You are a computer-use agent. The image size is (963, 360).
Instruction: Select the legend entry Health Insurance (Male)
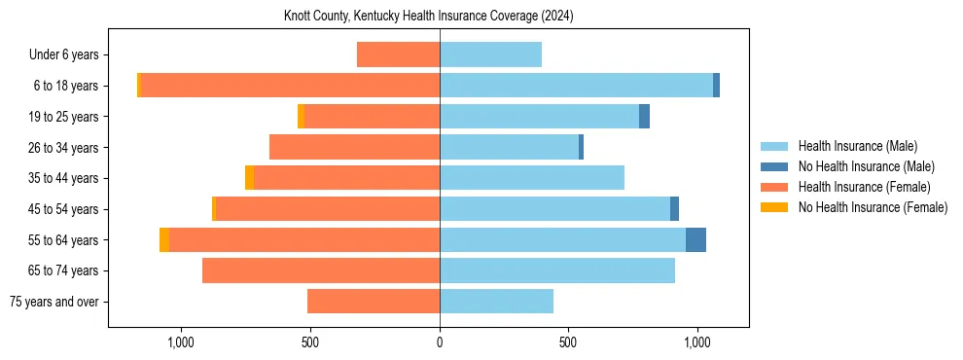tap(857, 146)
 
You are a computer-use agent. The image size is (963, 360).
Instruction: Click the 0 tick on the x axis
tap(440, 342)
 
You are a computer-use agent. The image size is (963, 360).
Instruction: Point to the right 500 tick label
tap(568, 342)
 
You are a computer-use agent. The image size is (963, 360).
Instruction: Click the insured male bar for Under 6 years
tap(490, 55)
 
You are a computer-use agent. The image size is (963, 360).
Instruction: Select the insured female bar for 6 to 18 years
tap(290, 86)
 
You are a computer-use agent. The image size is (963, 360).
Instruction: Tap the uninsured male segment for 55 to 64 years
tap(695, 240)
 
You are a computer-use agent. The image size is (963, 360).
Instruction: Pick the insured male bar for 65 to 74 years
tap(557, 270)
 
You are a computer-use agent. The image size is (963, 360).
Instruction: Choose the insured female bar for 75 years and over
tap(374, 302)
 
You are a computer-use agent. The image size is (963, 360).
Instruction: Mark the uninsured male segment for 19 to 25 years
tap(644, 117)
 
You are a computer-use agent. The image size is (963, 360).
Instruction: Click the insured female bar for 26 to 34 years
tap(354, 147)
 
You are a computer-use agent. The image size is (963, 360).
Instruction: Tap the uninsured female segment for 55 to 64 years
tap(164, 240)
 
